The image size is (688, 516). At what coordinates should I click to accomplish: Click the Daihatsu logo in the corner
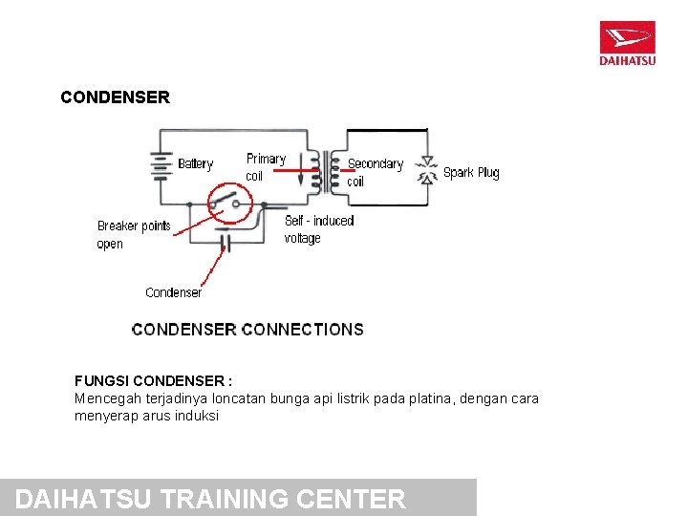[x=627, y=43]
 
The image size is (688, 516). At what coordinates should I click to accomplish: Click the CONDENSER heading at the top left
[x=115, y=97]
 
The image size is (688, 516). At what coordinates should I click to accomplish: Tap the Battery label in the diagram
[x=195, y=164]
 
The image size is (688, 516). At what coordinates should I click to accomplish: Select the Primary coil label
[x=265, y=167]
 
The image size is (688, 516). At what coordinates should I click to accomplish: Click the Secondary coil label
[x=375, y=172]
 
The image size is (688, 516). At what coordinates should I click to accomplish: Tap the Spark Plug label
[x=471, y=173]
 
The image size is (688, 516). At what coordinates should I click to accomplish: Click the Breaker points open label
[x=133, y=235]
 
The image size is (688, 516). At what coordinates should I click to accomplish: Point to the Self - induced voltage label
[x=319, y=229]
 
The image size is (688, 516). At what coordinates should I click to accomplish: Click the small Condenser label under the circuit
[x=173, y=292]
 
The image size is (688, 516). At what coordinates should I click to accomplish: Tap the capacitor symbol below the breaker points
[x=226, y=243]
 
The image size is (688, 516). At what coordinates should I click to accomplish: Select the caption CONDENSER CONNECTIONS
[x=247, y=330]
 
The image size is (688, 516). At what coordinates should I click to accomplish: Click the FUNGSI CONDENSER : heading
[x=154, y=380]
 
